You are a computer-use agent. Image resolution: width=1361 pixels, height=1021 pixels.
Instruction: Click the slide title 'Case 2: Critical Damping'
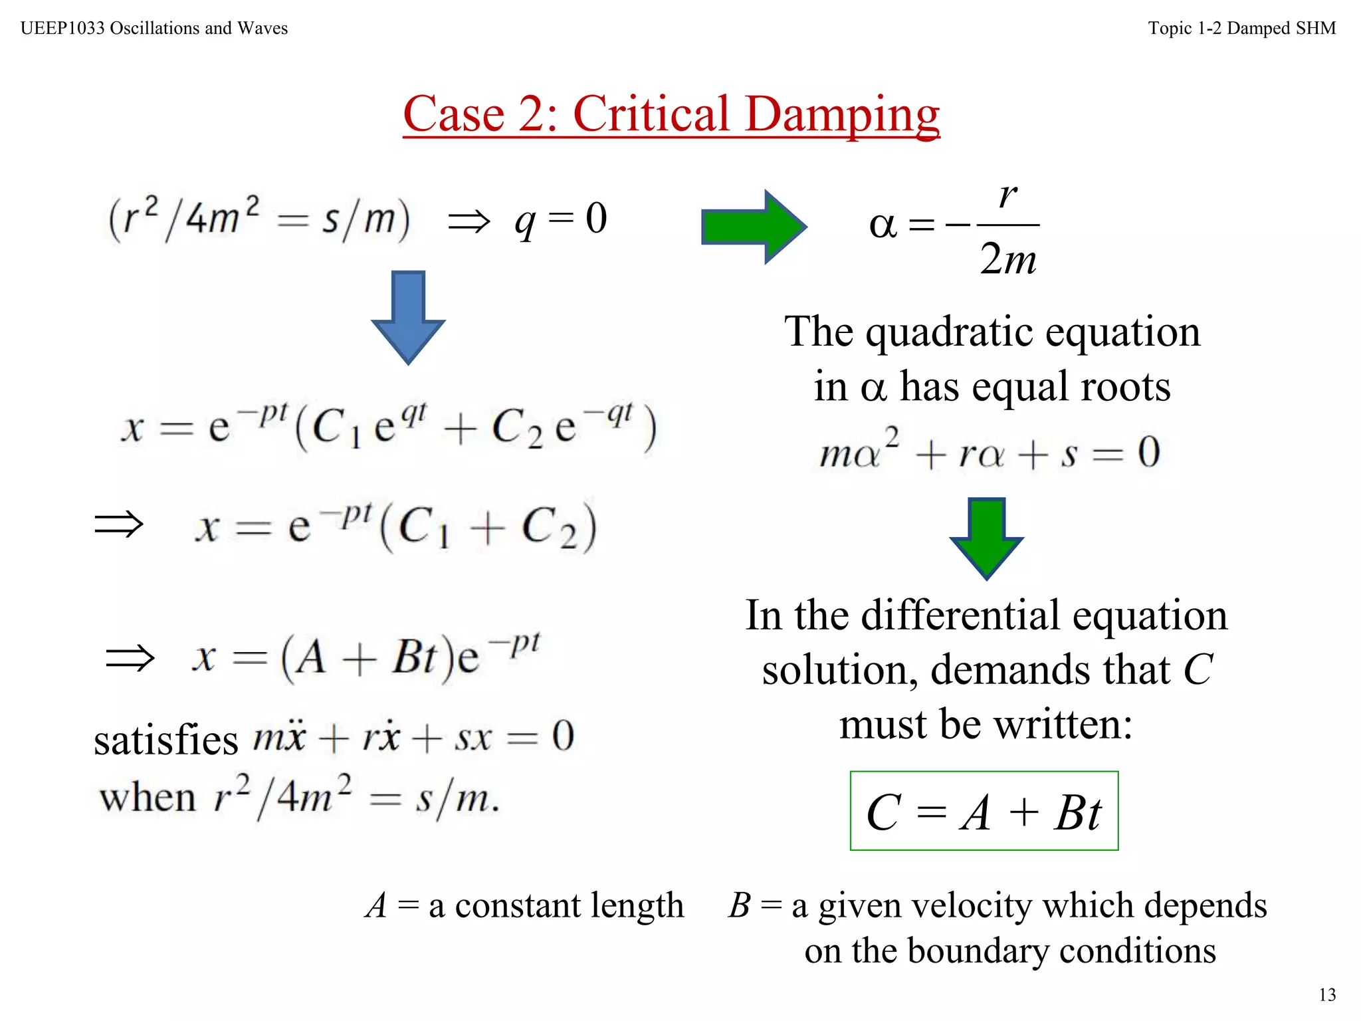coord(671,114)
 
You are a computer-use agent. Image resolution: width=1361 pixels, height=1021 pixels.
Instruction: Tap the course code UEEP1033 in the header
coord(62,28)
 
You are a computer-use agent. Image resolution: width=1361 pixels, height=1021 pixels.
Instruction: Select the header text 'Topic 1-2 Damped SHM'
coord(1241,28)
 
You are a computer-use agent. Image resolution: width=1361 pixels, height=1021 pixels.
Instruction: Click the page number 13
coord(1327,994)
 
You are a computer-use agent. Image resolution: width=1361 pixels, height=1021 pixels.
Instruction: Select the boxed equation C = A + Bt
coord(984,812)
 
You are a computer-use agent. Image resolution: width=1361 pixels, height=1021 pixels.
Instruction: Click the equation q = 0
coord(561,219)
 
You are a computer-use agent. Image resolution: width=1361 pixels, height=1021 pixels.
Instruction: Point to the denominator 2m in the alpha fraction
coord(1008,259)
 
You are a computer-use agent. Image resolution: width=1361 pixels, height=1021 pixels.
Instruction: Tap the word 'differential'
coord(961,616)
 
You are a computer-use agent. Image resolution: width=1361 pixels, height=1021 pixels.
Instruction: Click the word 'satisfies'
coord(165,740)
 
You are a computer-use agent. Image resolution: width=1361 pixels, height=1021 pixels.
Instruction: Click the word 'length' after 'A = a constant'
coord(637,905)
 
